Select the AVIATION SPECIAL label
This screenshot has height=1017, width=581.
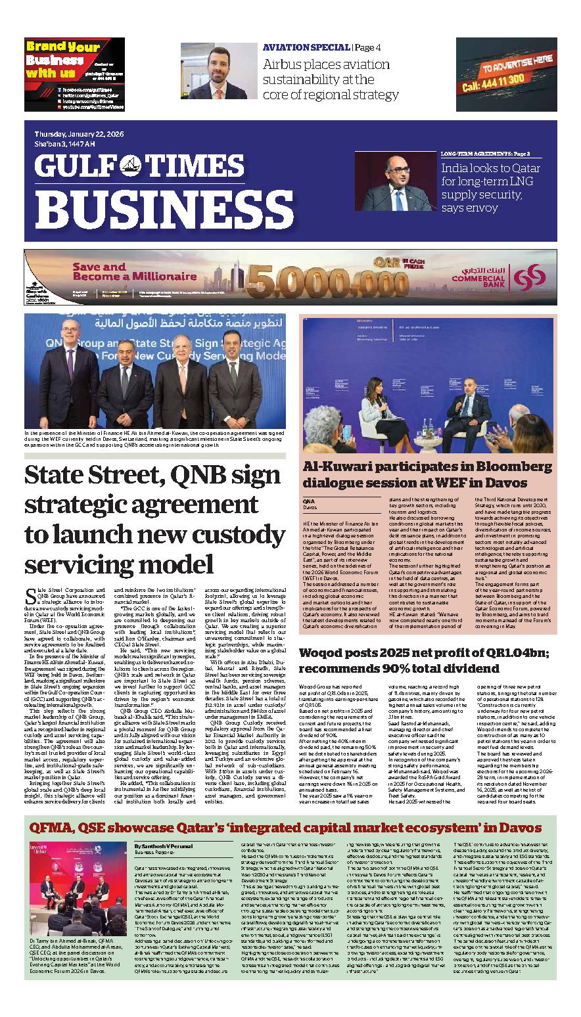pos(306,47)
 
